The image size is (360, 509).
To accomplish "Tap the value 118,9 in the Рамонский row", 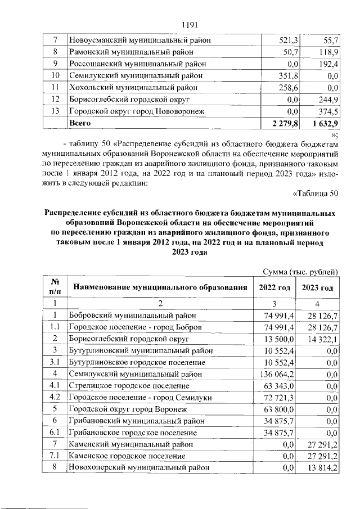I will (327, 52).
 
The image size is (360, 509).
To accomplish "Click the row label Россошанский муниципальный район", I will (137, 64).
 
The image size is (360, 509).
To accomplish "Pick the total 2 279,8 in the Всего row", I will (285, 122).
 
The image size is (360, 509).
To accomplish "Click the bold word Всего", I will (79, 122).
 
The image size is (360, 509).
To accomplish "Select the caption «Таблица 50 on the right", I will (316, 194).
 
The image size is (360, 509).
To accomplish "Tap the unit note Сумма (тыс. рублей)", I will (301, 272).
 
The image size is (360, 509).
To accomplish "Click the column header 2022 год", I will (274, 288).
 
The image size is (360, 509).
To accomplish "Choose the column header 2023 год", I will (318, 288).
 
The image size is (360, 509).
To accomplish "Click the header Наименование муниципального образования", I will (160, 288).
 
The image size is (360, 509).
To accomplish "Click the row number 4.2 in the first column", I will (56, 397).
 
